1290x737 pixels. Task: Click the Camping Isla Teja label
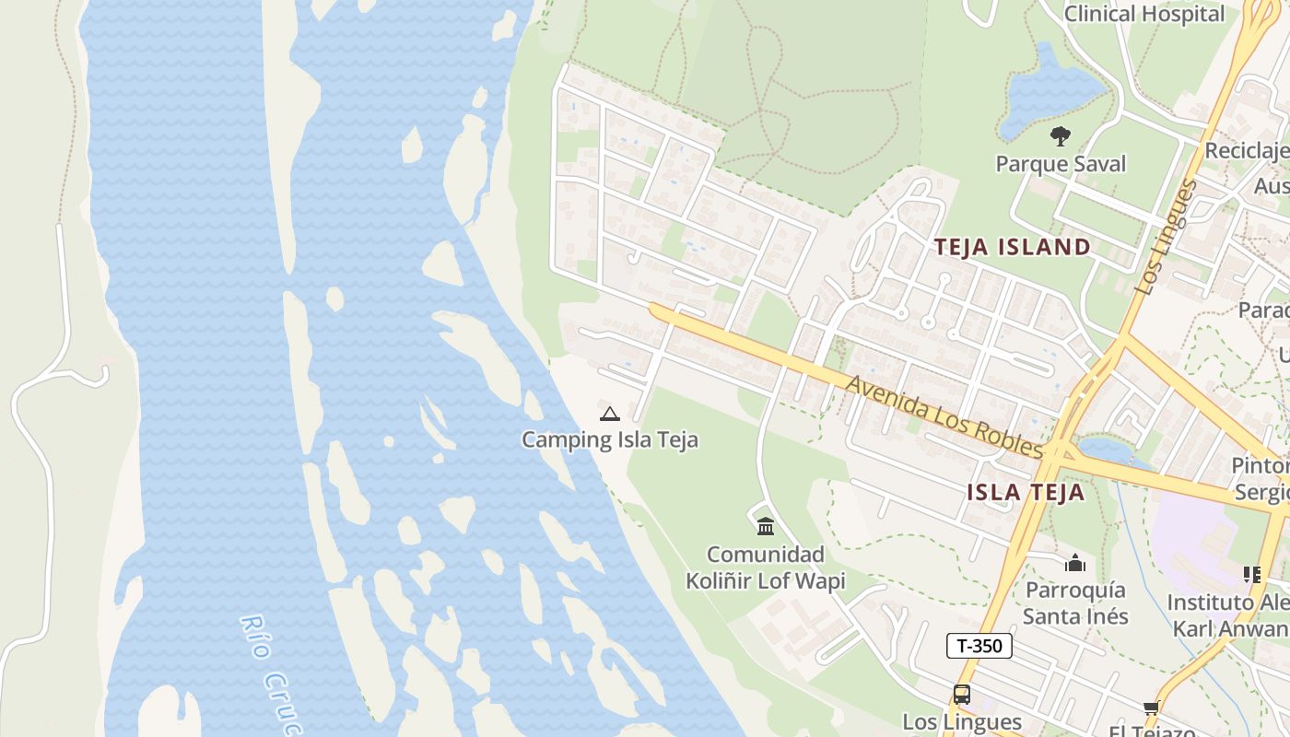pyautogui.click(x=609, y=439)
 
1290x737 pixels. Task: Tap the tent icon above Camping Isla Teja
pyautogui.click(x=609, y=414)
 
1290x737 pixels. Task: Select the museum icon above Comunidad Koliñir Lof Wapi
pyautogui.click(x=765, y=527)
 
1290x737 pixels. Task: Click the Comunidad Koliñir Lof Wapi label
pyautogui.click(x=765, y=567)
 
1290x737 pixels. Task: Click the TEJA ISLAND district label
pyautogui.click(x=1013, y=247)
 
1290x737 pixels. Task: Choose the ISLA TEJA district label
pyautogui.click(x=1026, y=492)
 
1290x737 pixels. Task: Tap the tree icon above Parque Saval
pyautogui.click(x=1061, y=137)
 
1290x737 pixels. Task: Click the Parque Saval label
pyautogui.click(x=1061, y=164)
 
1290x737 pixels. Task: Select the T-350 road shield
pyautogui.click(x=979, y=646)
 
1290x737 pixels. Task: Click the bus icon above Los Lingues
pyautogui.click(x=961, y=695)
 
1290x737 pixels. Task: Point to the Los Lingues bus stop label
pyautogui.click(x=961, y=721)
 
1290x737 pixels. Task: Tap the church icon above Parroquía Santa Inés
pyautogui.click(x=1075, y=563)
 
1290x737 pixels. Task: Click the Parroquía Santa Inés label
pyautogui.click(x=1075, y=602)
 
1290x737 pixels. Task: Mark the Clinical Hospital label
pyautogui.click(x=1144, y=14)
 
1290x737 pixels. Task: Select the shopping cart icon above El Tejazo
pyautogui.click(x=1151, y=708)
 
